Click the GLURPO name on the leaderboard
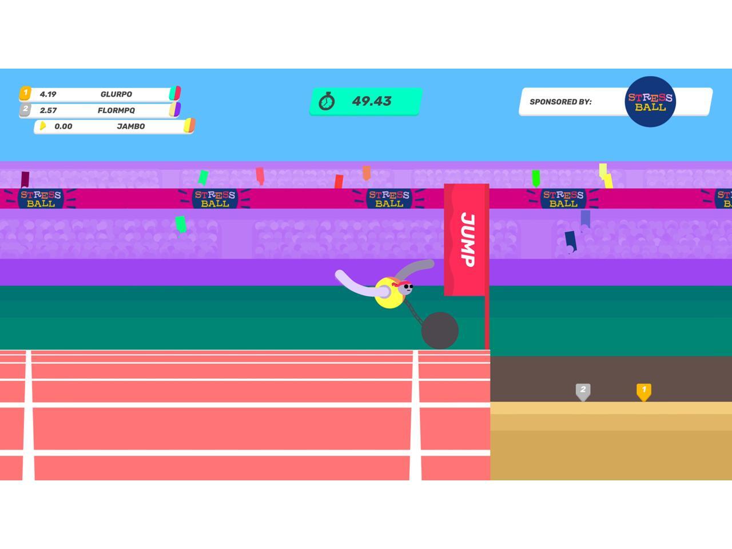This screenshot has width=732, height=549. [116, 94]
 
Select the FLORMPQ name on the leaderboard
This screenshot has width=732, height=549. [116, 110]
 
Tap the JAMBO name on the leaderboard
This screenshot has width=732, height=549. [130, 126]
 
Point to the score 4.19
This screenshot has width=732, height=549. [48, 94]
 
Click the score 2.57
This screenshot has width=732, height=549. [48, 110]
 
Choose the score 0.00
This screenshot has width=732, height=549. [63, 126]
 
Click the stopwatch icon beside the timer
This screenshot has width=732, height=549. [327, 101]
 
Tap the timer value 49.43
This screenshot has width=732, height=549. [372, 101]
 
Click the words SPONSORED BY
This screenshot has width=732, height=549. [560, 102]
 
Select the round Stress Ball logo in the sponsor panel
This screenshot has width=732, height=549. [650, 102]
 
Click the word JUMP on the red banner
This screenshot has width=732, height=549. [468, 240]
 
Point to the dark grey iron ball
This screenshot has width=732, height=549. [440, 331]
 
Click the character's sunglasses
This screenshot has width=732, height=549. [407, 286]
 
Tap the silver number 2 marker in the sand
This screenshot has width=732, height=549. [583, 391]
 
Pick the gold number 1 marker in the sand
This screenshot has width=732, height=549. [643, 391]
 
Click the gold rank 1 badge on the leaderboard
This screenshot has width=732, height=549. [25, 93]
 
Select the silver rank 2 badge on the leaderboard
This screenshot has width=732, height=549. [25, 109]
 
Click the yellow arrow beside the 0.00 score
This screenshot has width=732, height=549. [42, 126]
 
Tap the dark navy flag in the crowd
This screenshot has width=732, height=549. [570, 241]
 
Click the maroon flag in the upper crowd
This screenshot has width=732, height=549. [25, 179]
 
